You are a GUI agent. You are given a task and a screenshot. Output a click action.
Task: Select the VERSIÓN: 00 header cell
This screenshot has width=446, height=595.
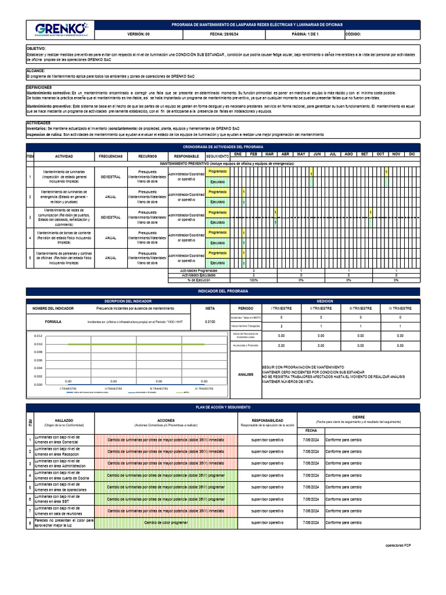[x=138, y=34]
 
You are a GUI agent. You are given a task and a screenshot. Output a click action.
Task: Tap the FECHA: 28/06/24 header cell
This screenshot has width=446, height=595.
[x=224, y=34]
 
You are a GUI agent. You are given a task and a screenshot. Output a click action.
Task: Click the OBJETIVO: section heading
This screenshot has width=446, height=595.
[x=36, y=49]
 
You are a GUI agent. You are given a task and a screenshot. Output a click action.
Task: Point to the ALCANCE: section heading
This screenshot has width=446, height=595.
[x=36, y=70]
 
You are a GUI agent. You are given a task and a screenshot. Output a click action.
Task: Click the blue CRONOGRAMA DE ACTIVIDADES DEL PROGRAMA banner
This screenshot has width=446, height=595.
[x=222, y=148]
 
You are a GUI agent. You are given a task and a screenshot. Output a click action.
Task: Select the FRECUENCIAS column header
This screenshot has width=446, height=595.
[x=110, y=157]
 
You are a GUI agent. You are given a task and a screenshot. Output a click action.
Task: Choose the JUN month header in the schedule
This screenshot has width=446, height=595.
[x=317, y=154]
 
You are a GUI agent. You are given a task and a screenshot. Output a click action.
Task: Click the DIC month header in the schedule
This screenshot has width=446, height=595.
[x=412, y=154]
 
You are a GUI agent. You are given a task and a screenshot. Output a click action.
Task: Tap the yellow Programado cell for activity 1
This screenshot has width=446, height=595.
[x=218, y=171]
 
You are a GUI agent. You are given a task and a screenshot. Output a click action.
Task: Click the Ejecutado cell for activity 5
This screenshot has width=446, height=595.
[x=218, y=263]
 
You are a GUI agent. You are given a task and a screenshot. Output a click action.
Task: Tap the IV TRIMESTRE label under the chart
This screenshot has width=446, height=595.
[x=205, y=388]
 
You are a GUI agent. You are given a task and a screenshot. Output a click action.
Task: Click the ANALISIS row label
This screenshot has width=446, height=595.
[x=246, y=375]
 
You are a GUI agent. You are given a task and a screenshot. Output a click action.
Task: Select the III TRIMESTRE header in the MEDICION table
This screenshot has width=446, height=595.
[x=360, y=309]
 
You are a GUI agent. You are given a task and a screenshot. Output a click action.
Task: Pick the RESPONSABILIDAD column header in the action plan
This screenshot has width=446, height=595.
[x=267, y=420]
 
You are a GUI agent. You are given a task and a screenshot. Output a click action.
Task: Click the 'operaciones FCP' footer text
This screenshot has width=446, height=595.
[x=400, y=546]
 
